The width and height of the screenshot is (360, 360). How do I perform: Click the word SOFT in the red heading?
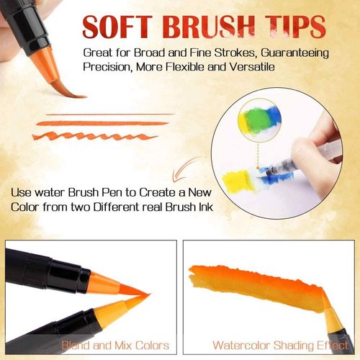click(117, 27)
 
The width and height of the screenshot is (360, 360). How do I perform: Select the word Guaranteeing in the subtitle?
click(294, 53)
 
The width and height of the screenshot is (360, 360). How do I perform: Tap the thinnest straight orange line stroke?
click(109, 114)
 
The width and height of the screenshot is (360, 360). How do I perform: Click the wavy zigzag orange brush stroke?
click(95, 136)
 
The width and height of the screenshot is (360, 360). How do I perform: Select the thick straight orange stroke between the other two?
click(102, 123)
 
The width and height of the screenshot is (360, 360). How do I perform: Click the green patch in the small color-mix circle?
click(256, 117)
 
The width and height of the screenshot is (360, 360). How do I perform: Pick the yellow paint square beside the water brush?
click(235, 180)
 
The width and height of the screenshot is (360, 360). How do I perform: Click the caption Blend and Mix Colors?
click(115, 346)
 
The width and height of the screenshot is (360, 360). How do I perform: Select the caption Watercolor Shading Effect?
click(281, 346)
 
